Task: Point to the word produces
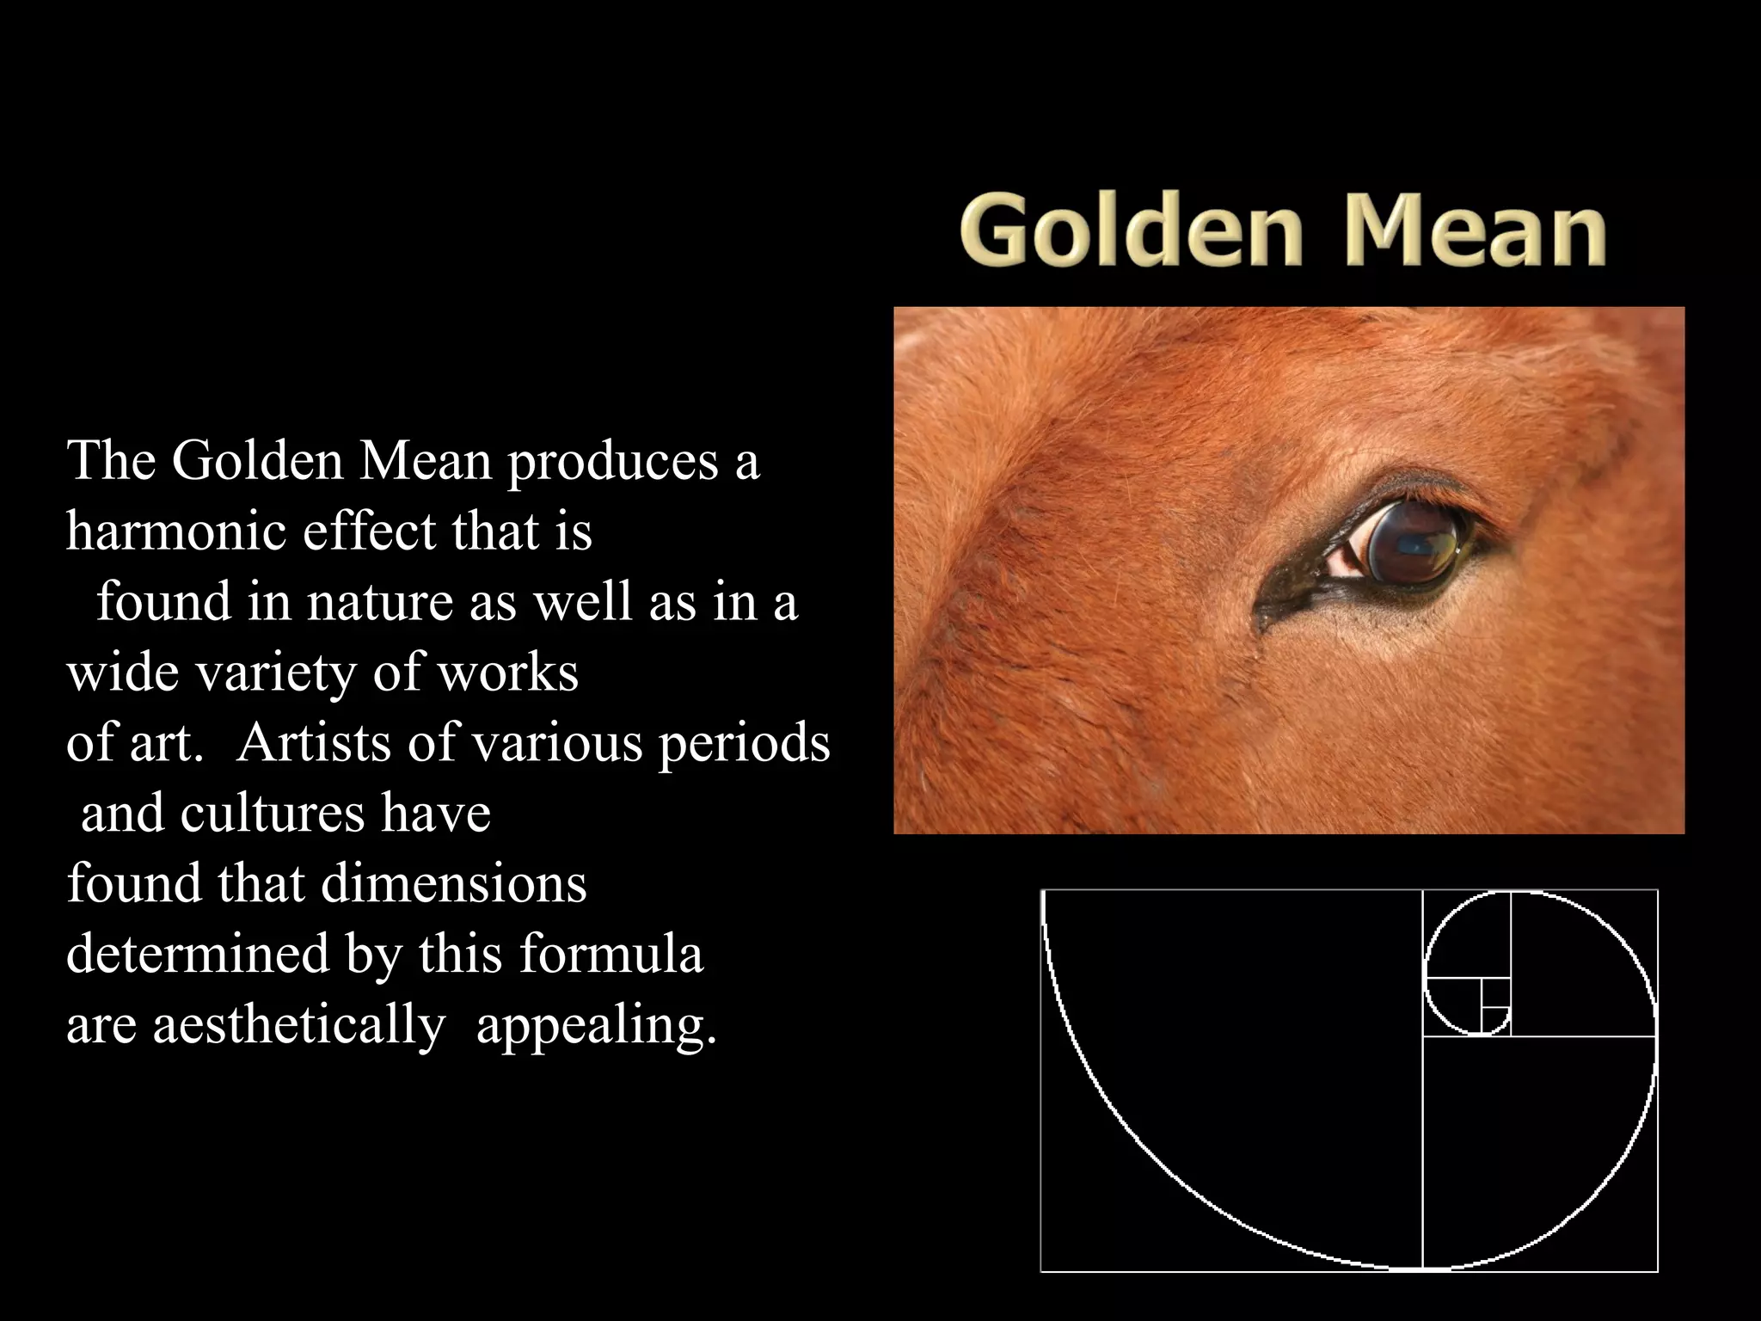coord(611,463)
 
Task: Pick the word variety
coord(276,673)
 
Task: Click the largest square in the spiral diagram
coord(1231,1079)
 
